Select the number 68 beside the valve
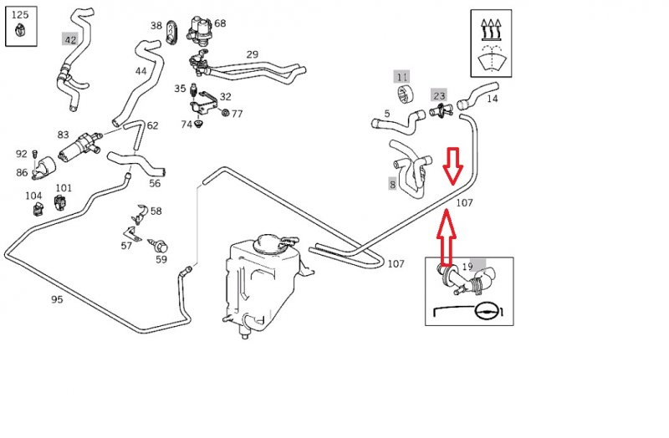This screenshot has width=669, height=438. coord(220,23)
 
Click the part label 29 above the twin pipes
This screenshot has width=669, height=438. coord(252,54)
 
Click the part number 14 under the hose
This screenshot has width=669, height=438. coord(492,99)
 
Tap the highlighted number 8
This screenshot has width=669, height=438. coord(392,184)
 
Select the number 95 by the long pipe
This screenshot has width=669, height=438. coord(57,298)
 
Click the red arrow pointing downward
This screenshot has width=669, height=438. coord(452,166)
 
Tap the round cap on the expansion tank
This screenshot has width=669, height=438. coord(271,243)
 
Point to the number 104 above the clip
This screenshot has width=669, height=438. coord(33,196)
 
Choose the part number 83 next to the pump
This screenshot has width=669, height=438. coord(64,135)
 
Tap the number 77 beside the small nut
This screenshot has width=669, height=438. coord(237,114)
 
